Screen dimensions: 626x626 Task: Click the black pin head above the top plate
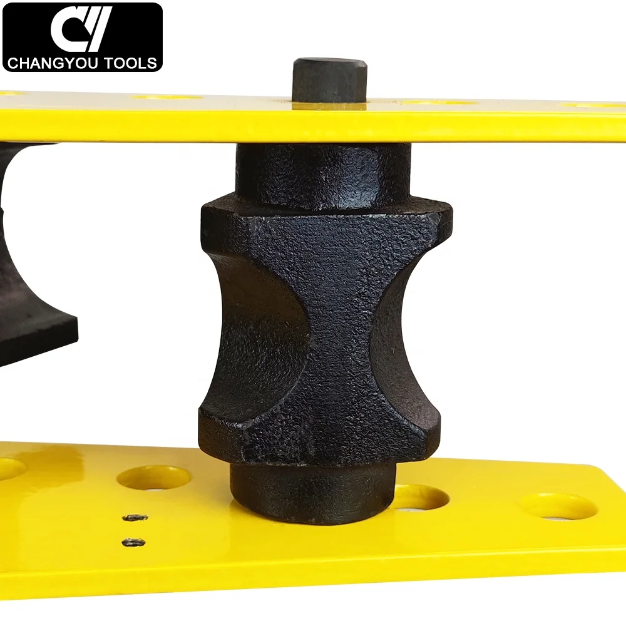(x=330, y=81)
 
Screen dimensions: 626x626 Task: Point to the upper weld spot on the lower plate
(x=135, y=518)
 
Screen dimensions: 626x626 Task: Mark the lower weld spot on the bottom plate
(x=133, y=542)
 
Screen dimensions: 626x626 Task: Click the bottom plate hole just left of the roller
(x=154, y=478)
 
